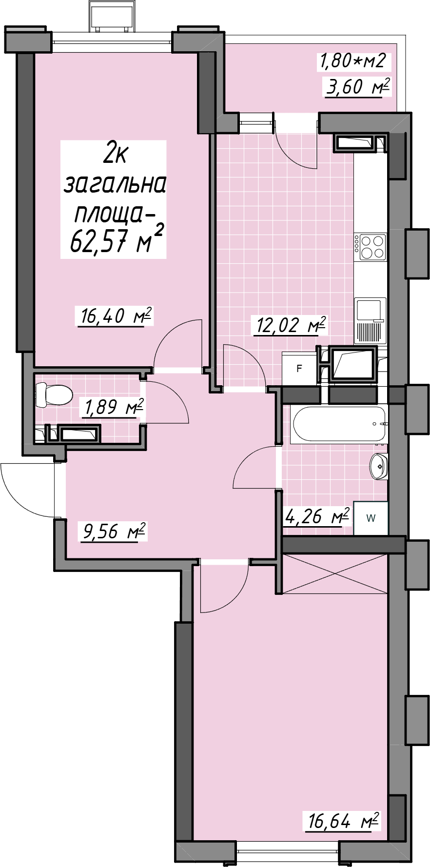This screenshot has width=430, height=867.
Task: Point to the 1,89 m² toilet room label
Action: coord(114,407)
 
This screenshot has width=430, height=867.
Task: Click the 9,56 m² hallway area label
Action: coord(114,531)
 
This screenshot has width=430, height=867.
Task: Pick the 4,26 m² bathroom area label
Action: coord(317,516)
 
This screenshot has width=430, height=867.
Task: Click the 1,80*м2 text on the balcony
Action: coord(352,60)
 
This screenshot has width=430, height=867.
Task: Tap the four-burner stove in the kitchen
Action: coord(371,247)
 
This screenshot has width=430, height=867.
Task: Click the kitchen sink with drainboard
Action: coord(370,320)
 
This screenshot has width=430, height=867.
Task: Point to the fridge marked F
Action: coord(299,369)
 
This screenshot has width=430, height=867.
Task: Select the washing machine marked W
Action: coord(371,518)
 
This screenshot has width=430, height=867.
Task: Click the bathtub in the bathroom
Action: coord(339,424)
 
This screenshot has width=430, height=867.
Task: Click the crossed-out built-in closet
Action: coord(335,573)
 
